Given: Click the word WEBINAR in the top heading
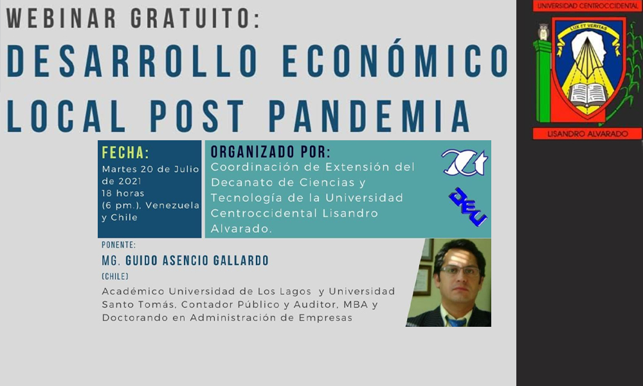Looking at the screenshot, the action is [61, 19].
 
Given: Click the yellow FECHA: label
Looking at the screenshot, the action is [125, 152].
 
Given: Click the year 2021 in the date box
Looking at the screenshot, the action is [130, 181].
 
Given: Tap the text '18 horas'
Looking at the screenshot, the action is [123, 193].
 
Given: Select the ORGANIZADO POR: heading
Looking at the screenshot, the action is [271, 152].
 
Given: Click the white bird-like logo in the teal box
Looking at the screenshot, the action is [465, 162].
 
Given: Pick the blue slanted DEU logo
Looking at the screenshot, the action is [468, 207].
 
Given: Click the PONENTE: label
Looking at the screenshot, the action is [118, 245].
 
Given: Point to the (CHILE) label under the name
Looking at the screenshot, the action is [115, 277].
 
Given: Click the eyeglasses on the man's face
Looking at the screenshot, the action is [460, 270].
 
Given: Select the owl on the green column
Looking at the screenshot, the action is [543, 32].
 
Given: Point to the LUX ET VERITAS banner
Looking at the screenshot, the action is [588, 31].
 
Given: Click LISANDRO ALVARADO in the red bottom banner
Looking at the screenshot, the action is [588, 134].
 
